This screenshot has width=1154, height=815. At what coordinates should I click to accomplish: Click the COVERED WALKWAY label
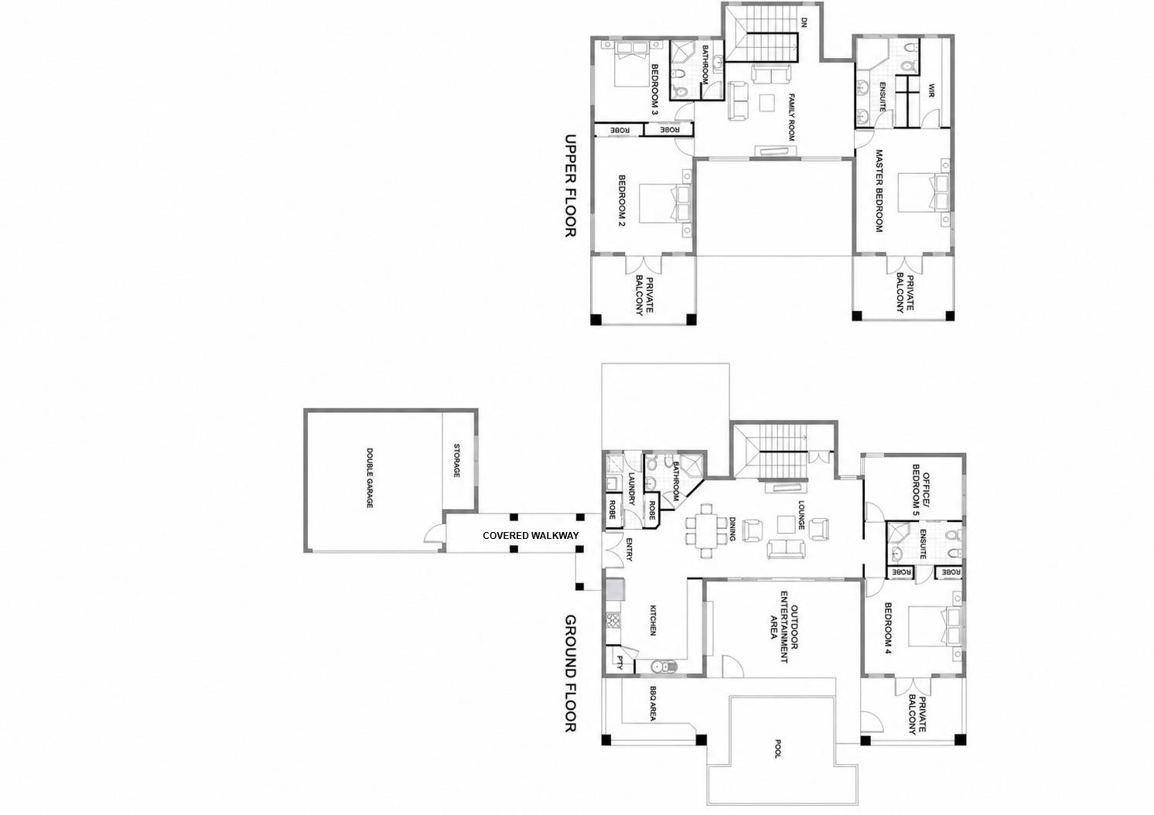click(531, 536)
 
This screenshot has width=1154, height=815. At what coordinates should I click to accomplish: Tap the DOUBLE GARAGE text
click(370, 478)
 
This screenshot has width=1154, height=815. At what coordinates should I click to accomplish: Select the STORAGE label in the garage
click(456, 461)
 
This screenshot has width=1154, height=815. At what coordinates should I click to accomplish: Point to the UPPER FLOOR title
click(570, 186)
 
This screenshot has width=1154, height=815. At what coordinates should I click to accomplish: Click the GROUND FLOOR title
click(570, 673)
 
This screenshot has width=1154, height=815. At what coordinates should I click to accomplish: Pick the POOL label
click(778, 749)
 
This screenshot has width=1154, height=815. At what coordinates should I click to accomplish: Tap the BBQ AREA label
click(653, 703)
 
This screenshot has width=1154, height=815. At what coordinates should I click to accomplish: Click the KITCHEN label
click(653, 620)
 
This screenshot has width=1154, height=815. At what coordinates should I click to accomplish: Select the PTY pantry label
click(620, 663)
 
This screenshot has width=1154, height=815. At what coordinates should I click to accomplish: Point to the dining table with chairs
click(706, 531)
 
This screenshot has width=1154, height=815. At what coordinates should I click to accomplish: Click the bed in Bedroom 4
click(934, 626)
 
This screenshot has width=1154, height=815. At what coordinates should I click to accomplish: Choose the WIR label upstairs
click(931, 90)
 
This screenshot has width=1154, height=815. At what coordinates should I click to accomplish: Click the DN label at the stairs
click(804, 22)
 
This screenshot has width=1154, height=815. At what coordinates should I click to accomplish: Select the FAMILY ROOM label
click(792, 117)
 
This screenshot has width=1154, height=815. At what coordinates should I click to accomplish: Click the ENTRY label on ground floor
click(629, 549)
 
